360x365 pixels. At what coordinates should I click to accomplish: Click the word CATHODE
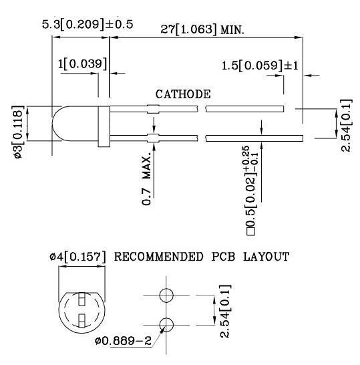(x=183, y=94)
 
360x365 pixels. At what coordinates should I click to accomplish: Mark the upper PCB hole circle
(x=167, y=295)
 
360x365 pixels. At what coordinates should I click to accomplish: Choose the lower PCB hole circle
(x=167, y=325)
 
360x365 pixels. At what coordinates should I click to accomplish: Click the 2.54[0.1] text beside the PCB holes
(x=226, y=312)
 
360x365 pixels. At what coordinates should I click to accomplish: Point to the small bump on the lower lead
(x=153, y=138)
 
